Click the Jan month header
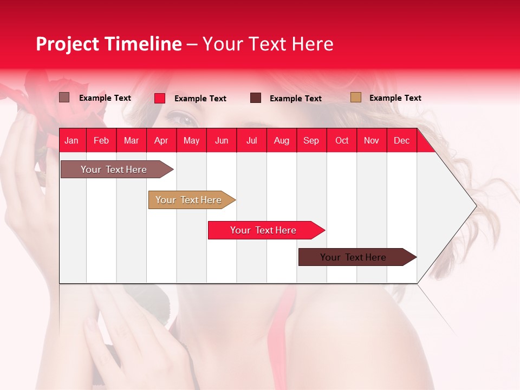(71, 140)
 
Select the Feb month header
(101, 140)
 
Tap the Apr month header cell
(161, 140)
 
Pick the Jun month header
(222, 140)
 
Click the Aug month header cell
(281, 140)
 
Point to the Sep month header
(311, 140)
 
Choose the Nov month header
(371, 140)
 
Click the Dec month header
(401, 140)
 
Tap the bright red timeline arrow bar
(264, 230)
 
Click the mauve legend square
(64, 97)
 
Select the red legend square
(160, 98)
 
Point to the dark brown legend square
(256, 98)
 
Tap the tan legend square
(355, 97)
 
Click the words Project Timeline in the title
(108, 44)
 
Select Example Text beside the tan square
(395, 97)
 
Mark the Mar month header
(131, 140)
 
